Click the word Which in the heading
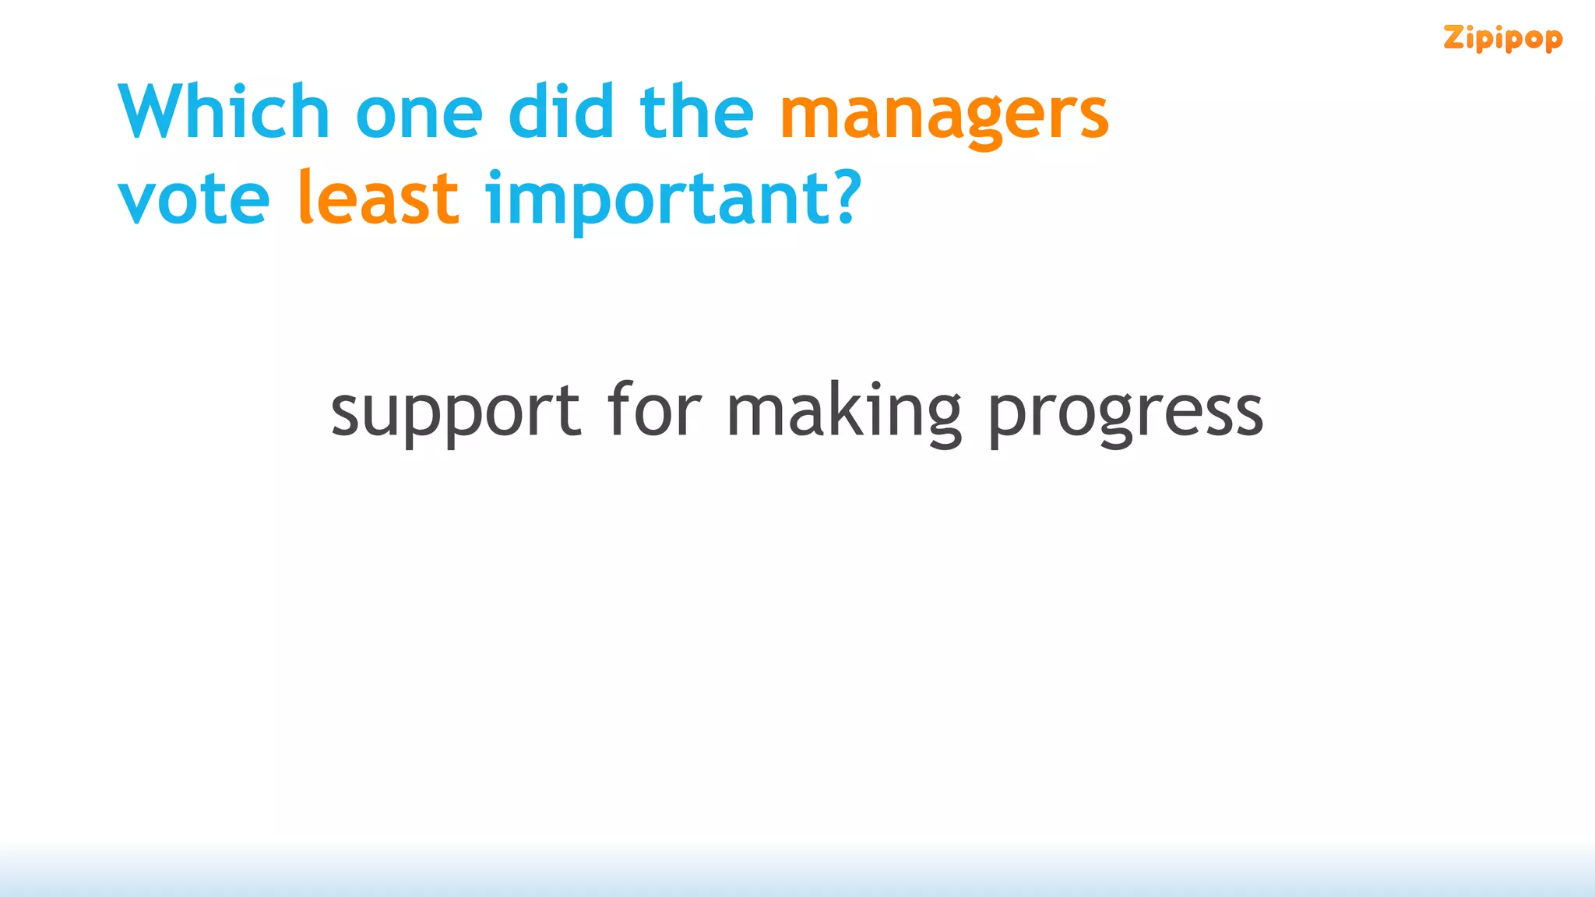(x=224, y=113)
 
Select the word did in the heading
(x=561, y=113)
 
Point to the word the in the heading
(x=696, y=113)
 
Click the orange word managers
(x=944, y=117)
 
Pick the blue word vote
(x=194, y=199)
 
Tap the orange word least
(x=379, y=198)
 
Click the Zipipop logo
(x=1502, y=38)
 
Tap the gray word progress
(x=1125, y=413)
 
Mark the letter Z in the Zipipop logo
(x=1454, y=37)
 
